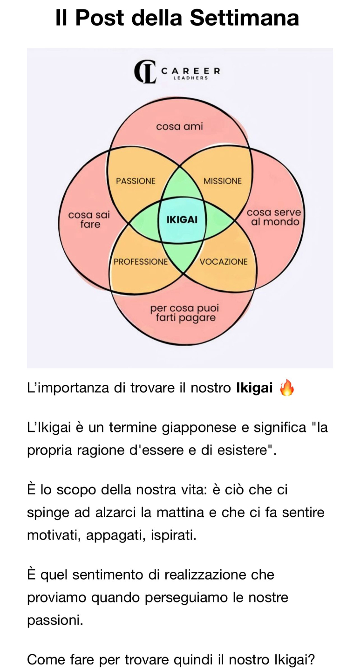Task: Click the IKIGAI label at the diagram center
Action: [182, 219]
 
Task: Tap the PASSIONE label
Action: [136, 181]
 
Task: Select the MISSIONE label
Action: [223, 181]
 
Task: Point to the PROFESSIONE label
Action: [141, 261]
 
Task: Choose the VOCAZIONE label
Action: [224, 261]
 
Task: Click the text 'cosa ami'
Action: [180, 126]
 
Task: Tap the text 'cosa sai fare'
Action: [89, 219]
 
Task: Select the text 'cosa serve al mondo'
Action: [274, 217]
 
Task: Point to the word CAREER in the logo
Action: [190, 71]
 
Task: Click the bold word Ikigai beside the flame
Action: [254, 388]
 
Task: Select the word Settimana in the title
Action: [245, 18]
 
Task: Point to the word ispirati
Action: [174, 535]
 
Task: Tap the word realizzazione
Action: [202, 575]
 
